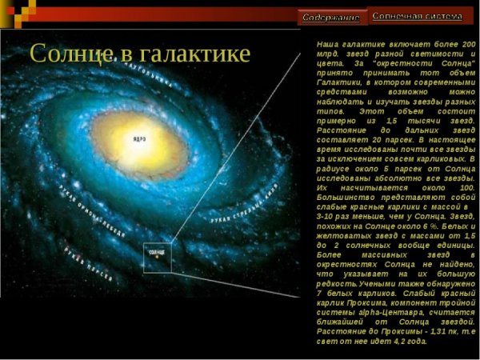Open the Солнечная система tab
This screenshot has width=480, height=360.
point(417,16)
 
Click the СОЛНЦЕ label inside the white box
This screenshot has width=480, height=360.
point(156,251)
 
